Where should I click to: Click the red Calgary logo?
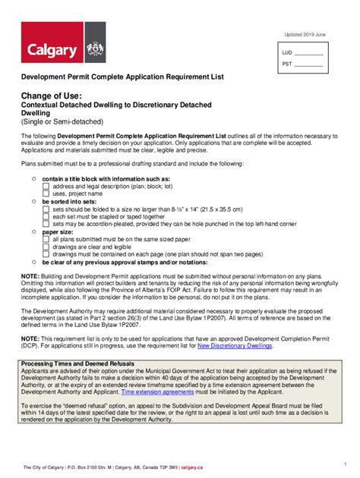tap(52, 45)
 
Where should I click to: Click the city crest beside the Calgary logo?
tap(95, 45)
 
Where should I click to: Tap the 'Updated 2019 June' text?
tap(304, 36)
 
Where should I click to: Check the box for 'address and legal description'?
tap(46, 186)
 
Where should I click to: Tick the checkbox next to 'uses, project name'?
tap(46, 193)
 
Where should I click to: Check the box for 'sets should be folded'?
tap(46, 209)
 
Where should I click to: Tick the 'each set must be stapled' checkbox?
tap(46, 216)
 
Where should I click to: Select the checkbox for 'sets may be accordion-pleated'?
tap(46, 224)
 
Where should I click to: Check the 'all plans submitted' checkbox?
tap(46, 239)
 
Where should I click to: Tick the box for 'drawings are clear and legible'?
tap(46, 247)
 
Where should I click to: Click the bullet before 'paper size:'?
tap(34, 231)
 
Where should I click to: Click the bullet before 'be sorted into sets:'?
tap(34, 201)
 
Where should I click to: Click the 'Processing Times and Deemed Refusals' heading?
tap(72, 363)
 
